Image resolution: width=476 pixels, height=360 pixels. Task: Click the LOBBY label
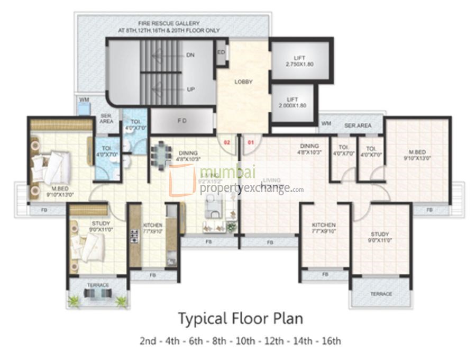tap(243, 82)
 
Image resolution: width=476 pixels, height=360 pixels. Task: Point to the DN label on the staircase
tap(190, 55)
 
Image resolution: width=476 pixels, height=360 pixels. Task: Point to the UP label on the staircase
tap(190, 89)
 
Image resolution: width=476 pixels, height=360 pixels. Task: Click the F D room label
tap(181, 120)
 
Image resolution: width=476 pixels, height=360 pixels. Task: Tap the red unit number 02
tap(227, 142)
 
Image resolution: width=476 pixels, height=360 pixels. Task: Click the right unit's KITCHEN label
tap(324, 228)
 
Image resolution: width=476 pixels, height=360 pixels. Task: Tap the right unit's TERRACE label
tap(381, 294)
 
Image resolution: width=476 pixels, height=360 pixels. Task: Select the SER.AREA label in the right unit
tap(358, 125)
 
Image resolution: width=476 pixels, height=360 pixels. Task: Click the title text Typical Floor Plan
tap(240, 319)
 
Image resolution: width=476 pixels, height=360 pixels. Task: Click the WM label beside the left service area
tap(84, 99)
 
